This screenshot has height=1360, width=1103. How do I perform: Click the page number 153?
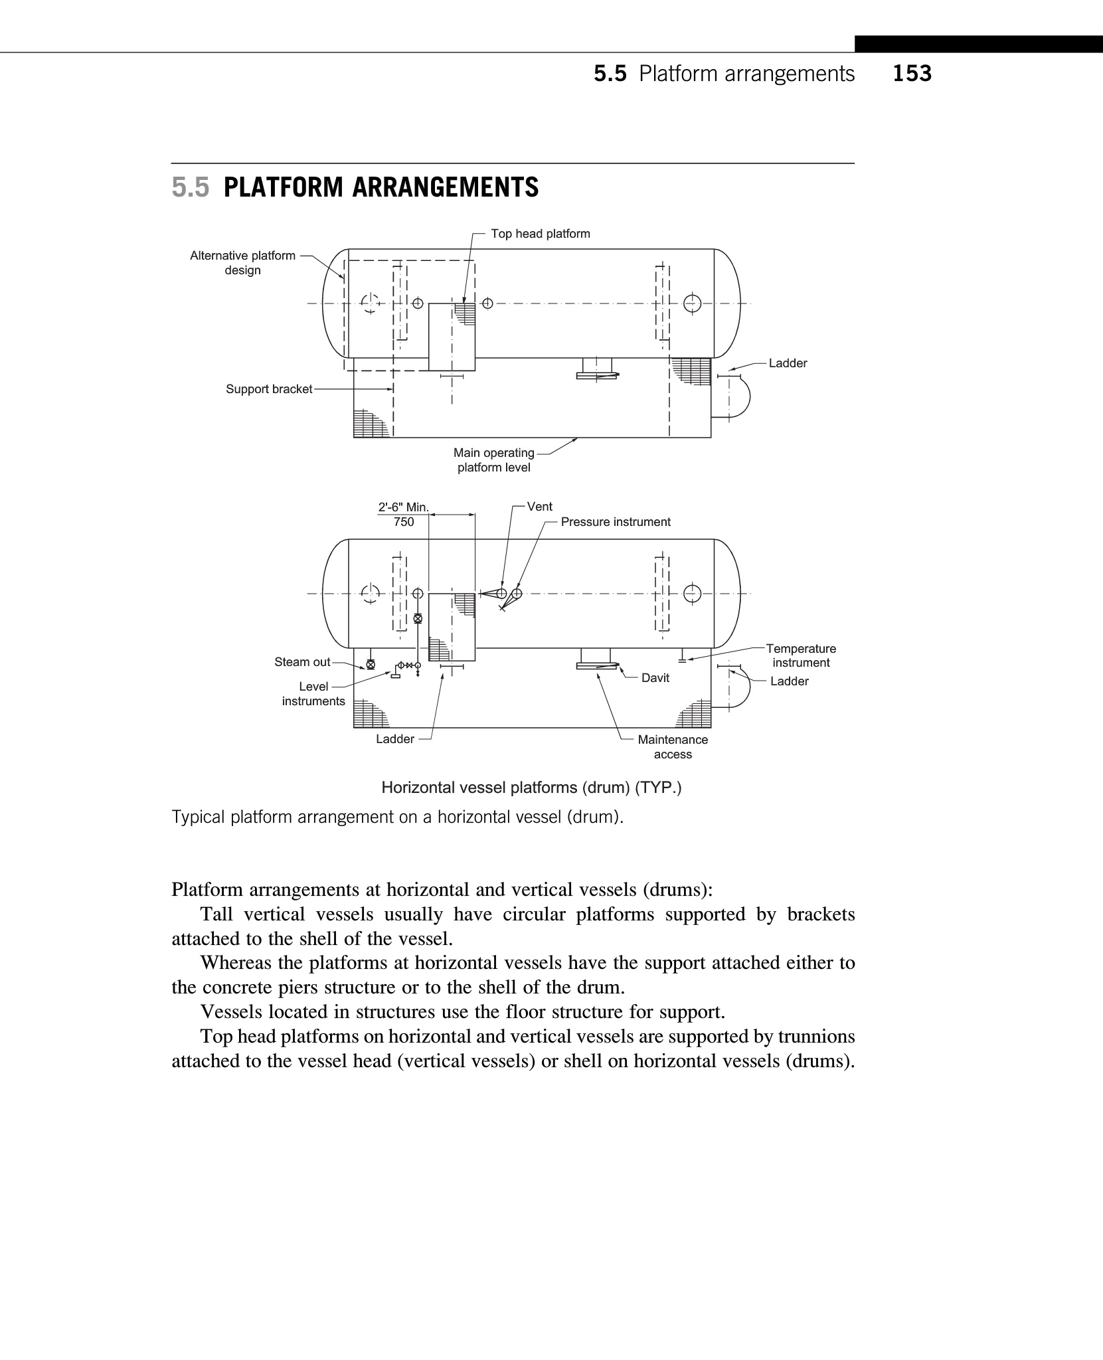[912, 73]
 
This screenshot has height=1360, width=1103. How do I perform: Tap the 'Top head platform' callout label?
[540, 234]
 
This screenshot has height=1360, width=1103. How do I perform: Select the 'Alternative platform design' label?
[242, 263]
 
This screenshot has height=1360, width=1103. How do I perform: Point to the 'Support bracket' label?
[268, 389]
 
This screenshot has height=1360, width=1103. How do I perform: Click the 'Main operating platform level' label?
[494, 460]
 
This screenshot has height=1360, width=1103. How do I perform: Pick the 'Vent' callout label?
[539, 507]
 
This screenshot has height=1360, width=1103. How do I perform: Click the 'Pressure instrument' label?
[615, 522]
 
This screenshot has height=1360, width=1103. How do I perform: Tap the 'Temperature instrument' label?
[801, 655]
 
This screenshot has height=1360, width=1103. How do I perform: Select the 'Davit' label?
[655, 678]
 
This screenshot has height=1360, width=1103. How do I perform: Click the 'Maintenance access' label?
[673, 747]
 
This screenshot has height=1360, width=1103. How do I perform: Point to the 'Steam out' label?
[302, 662]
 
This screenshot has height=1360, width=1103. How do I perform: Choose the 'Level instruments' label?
[313, 694]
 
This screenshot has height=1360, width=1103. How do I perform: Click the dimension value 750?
[404, 522]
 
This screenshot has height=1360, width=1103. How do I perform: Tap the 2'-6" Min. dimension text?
[403, 508]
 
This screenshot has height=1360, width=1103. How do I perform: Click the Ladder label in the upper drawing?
[788, 363]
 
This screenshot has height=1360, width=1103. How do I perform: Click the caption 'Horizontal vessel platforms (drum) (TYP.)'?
[531, 788]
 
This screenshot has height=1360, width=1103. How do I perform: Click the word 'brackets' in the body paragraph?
[821, 914]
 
